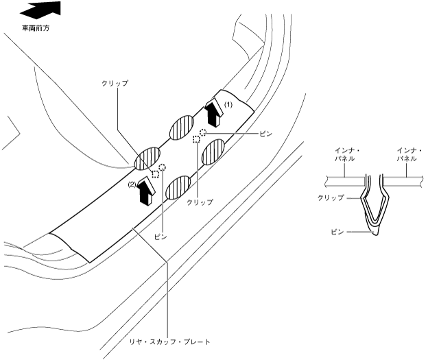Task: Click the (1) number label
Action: click(230, 104)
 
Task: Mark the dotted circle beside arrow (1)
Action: click(203, 130)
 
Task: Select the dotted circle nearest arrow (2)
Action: click(163, 166)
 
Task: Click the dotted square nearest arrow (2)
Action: click(156, 173)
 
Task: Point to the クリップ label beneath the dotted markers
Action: click(201, 202)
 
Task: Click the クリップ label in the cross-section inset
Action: click(331, 197)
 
